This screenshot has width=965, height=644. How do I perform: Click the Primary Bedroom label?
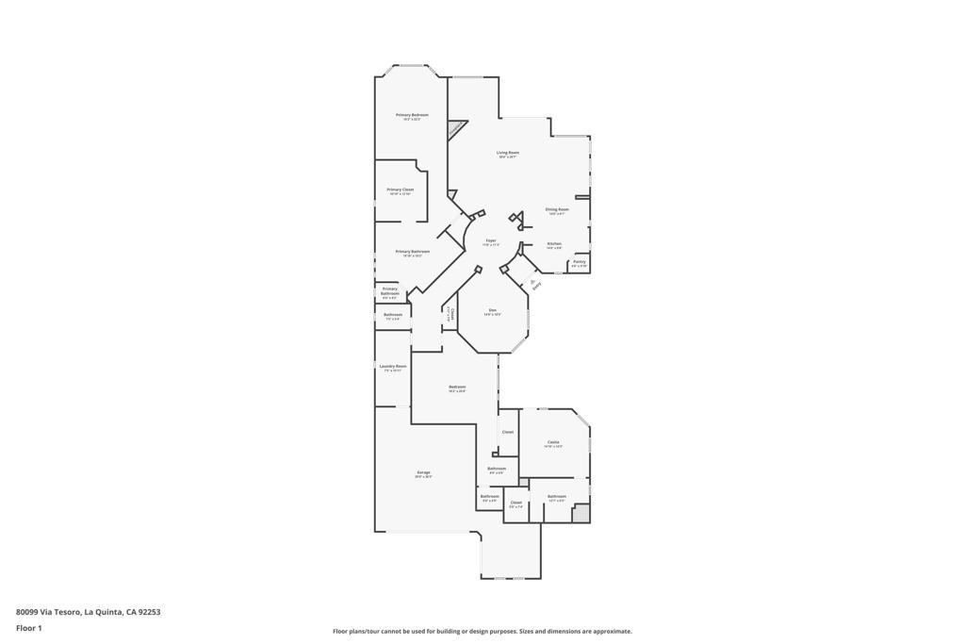tap(412, 115)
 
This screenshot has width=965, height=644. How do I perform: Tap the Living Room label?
tap(508, 153)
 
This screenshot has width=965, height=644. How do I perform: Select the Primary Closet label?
tap(401, 190)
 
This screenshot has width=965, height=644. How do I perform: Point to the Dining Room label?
tap(557, 209)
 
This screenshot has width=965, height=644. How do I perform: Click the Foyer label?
tap(491, 241)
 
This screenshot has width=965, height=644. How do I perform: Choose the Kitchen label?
tap(554, 244)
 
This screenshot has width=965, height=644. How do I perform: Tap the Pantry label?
tap(579, 262)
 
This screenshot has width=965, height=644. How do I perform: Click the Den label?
tap(492, 310)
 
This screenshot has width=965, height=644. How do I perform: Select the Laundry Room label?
tap(392, 366)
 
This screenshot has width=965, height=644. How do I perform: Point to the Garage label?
tap(423, 472)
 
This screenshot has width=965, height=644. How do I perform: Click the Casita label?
tap(553, 442)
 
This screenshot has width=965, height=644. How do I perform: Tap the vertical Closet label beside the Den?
tap(451, 315)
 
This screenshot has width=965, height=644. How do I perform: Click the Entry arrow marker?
tap(533, 281)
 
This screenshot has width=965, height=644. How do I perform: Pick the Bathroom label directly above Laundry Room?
tap(393, 315)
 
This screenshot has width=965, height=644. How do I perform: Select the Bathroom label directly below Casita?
tap(557, 496)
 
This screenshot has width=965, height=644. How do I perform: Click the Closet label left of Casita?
tap(507, 432)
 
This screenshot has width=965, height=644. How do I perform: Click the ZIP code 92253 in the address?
tap(150, 612)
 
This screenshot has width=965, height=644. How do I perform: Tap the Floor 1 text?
tap(29, 628)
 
